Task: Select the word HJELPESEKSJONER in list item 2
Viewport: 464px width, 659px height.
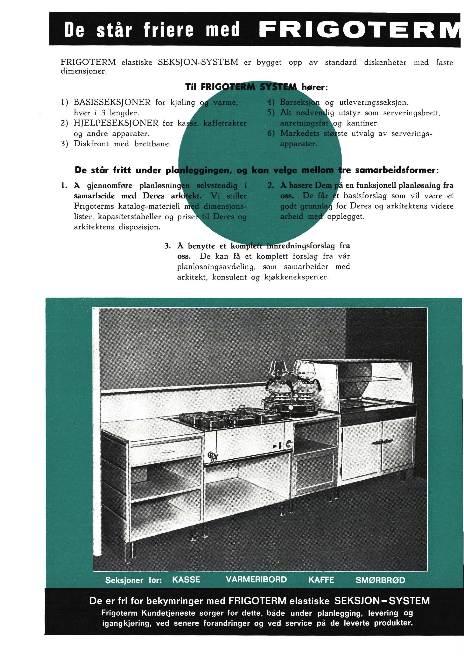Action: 116,123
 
